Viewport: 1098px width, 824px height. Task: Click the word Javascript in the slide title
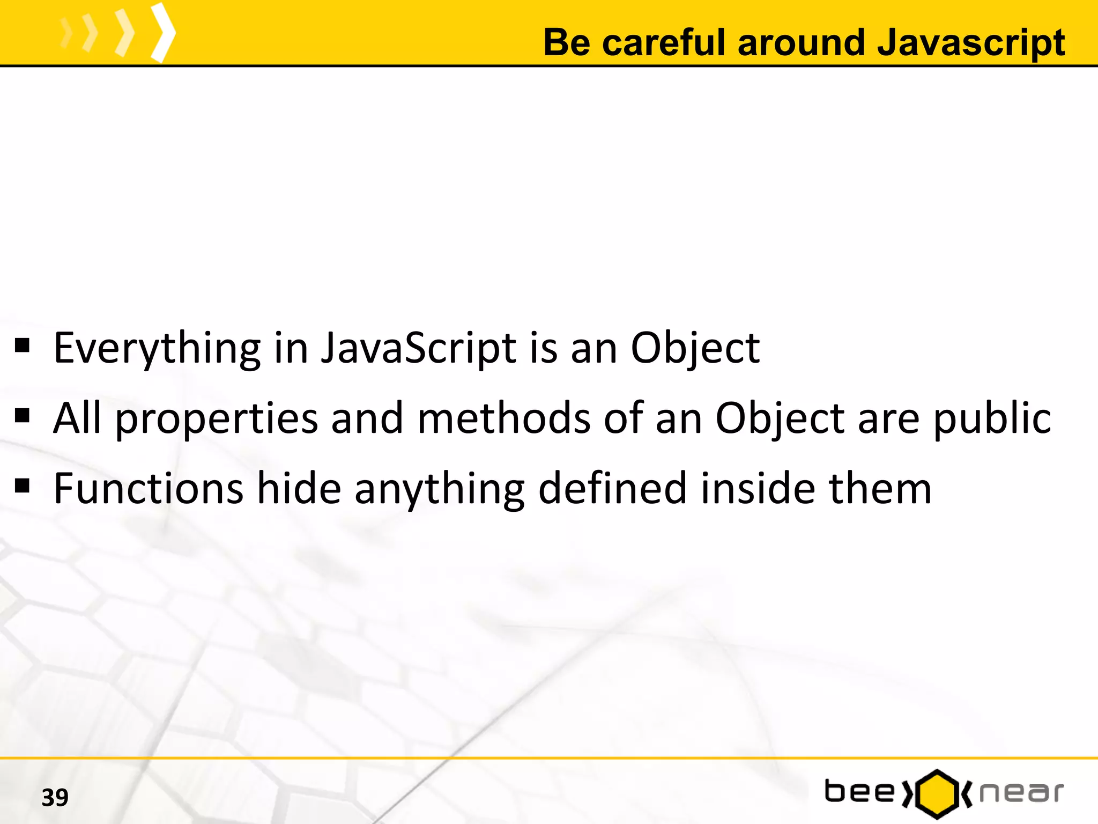[970, 43]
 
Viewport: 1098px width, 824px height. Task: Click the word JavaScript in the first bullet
[419, 349]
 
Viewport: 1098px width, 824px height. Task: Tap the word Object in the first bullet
[695, 349]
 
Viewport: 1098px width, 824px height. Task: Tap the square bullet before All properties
[23, 416]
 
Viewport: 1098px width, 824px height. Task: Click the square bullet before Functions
[23, 486]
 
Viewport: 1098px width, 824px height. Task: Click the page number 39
[55, 798]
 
